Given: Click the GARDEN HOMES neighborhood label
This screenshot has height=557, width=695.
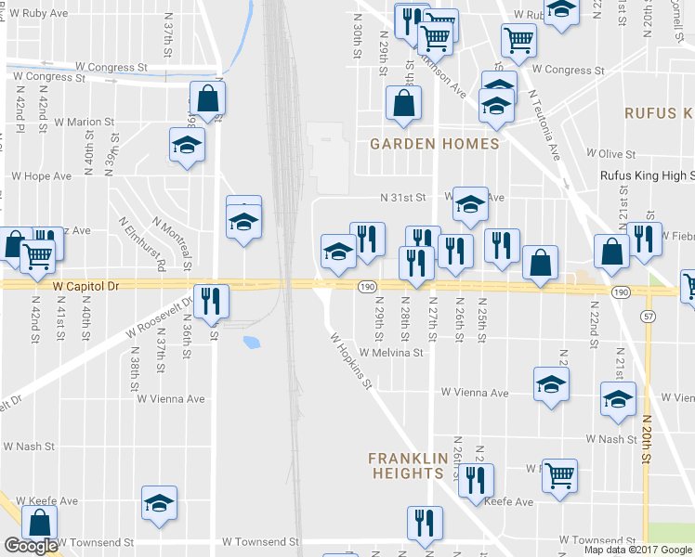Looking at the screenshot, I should [x=434, y=144].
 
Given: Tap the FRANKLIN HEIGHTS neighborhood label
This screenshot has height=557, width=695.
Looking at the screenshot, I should [x=405, y=465].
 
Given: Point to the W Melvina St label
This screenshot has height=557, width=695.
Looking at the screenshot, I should [x=391, y=353].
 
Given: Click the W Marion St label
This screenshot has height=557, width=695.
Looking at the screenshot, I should [x=84, y=122].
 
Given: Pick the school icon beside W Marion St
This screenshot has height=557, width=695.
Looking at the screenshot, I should [x=187, y=145].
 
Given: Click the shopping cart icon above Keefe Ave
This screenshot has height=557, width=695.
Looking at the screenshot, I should [x=558, y=476].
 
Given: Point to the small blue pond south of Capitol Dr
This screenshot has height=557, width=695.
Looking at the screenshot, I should [x=251, y=343].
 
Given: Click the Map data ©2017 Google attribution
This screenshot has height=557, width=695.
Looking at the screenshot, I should [x=638, y=550].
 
